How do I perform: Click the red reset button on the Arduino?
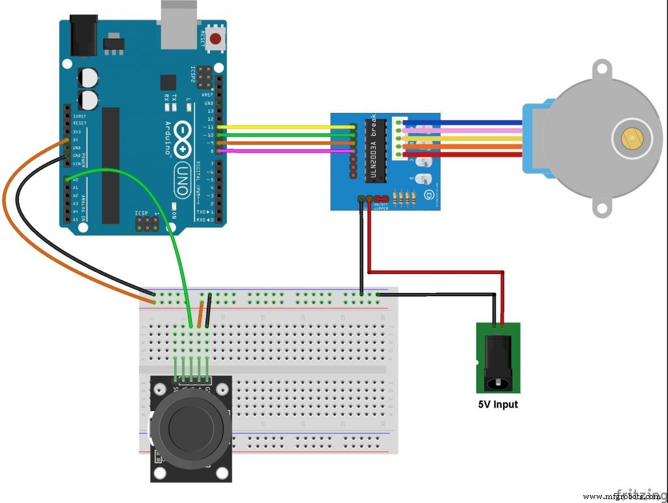(x=216, y=38)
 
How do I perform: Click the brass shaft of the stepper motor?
(x=631, y=138)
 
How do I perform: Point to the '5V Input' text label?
(x=498, y=404)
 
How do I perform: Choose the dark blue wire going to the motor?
(x=463, y=122)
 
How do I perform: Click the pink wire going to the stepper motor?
(x=463, y=130)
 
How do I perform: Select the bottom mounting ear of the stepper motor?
(x=601, y=207)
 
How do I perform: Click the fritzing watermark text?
(x=643, y=495)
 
